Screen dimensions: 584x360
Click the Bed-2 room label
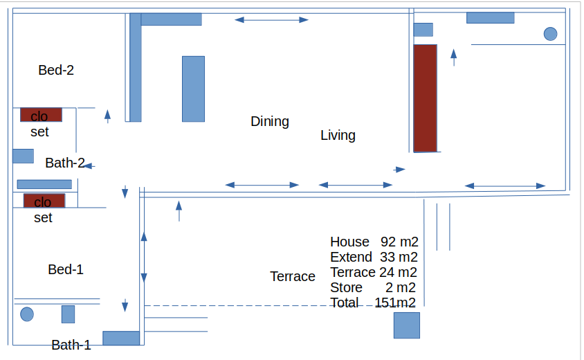(x=56, y=70)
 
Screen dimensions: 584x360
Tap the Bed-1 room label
(x=66, y=269)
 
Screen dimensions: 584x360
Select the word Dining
(x=270, y=121)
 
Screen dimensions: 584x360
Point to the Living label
(x=338, y=135)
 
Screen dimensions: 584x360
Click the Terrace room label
(x=293, y=276)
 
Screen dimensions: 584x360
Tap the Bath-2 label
(x=65, y=163)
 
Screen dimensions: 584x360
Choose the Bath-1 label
(x=71, y=345)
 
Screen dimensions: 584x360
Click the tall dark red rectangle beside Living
(x=426, y=98)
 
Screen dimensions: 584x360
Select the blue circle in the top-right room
(x=551, y=34)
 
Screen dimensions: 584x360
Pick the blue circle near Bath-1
(x=27, y=314)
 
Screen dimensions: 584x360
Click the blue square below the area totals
(x=407, y=325)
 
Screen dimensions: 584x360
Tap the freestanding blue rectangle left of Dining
(x=193, y=89)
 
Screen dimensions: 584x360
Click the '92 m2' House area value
(x=399, y=242)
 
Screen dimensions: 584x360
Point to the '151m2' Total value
(x=395, y=303)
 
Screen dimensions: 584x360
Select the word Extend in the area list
(x=352, y=257)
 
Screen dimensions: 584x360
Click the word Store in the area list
(x=347, y=288)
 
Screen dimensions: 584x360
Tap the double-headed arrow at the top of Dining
(x=271, y=20)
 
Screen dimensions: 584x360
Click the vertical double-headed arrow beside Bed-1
(x=144, y=257)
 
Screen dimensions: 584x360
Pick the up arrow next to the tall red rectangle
(x=454, y=57)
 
